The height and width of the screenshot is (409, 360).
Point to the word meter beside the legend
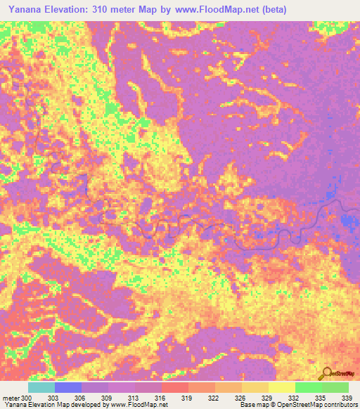click(x=11, y=398)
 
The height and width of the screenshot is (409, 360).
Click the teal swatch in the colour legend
click(x=41, y=387)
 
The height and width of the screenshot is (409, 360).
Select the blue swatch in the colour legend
click(x=67, y=387)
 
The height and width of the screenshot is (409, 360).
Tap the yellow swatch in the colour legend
click(x=281, y=387)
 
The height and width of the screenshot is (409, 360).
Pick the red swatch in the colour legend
click(x=174, y=387)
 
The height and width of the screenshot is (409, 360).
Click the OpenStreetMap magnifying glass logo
click(x=325, y=373)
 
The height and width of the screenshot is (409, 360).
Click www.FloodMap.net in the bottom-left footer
click(x=134, y=405)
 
